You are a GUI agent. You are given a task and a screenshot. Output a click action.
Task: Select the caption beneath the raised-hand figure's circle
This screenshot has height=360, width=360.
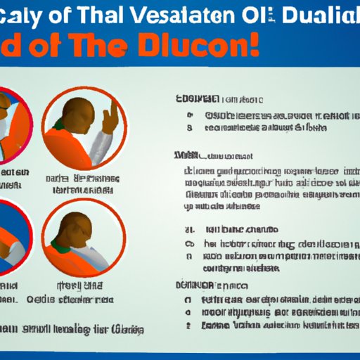click(82, 184)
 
